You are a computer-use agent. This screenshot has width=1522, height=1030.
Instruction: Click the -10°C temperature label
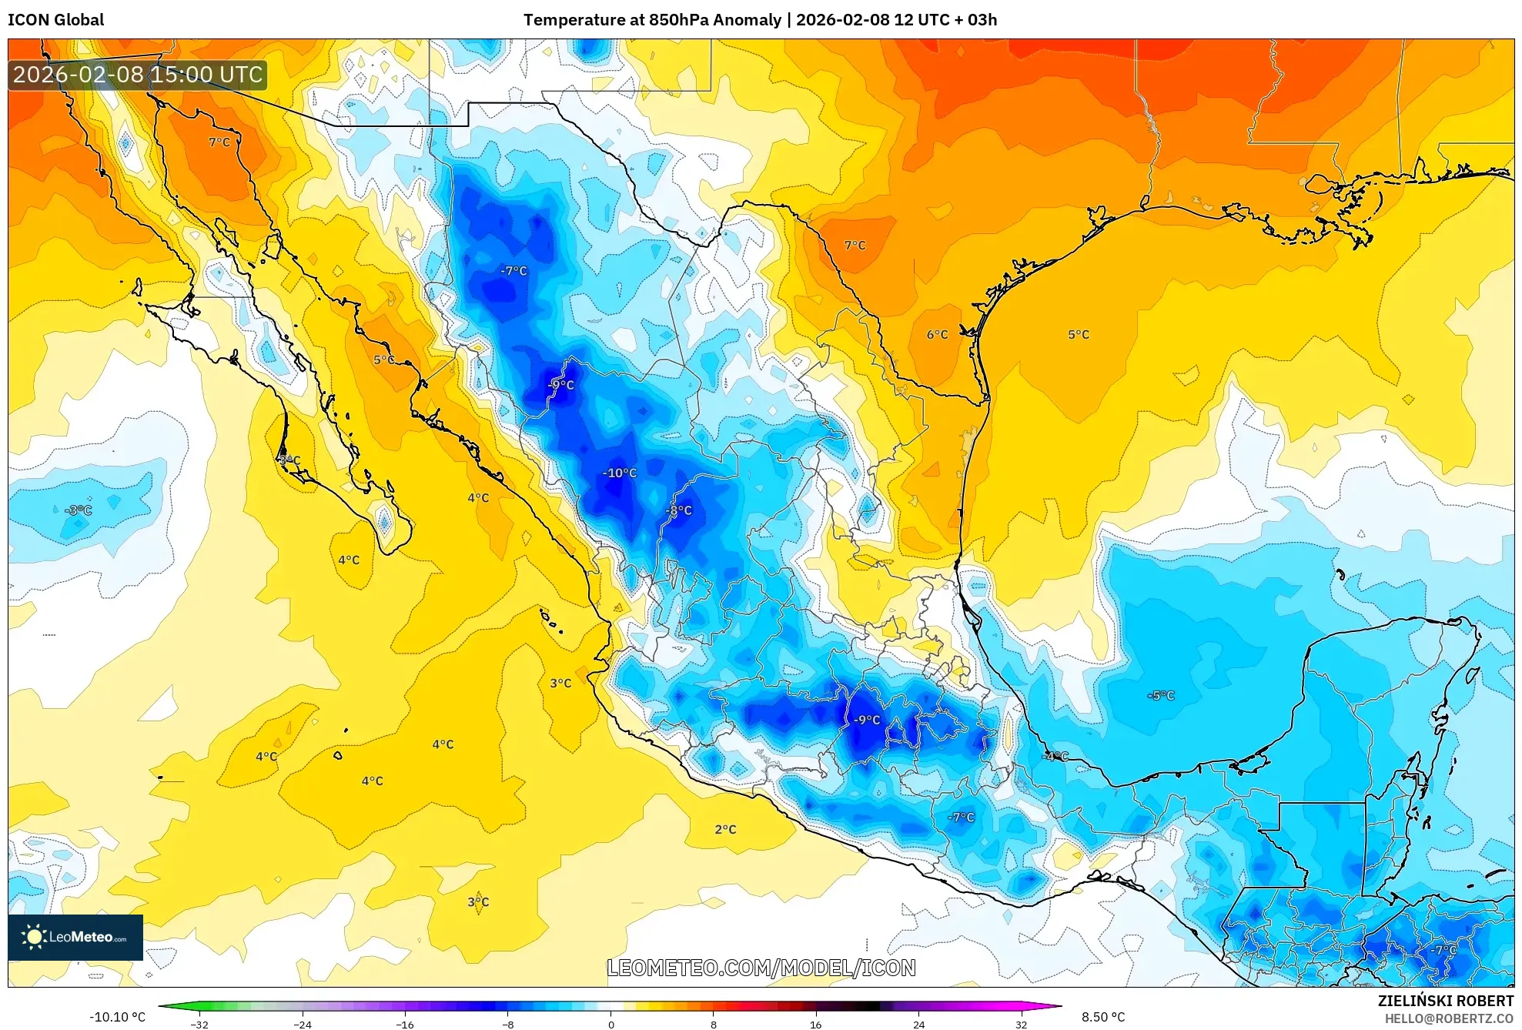coord(619,473)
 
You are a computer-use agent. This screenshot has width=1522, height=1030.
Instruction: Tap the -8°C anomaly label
coord(678,510)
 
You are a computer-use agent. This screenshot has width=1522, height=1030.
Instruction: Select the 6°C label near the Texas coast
coord(937,334)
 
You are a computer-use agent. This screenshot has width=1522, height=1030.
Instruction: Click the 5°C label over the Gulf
coord(1078,334)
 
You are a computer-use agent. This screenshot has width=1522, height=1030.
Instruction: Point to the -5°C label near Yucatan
coord(1161,695)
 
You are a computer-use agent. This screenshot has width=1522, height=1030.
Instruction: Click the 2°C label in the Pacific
coord(725,829)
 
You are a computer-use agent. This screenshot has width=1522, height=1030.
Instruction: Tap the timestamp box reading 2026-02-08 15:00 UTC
coord(138,75)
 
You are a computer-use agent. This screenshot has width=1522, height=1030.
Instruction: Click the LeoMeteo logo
coord(75,937)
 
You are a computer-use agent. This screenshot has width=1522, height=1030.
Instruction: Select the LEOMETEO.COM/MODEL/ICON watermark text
coord(761,968)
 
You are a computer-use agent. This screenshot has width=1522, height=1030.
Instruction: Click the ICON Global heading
coord(55,20)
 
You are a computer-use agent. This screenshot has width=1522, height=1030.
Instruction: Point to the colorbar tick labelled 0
coord(610,1024)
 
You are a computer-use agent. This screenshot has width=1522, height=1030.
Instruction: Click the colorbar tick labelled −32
coord(199,1024)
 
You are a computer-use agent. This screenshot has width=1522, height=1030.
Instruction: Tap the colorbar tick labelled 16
coord(815,1024)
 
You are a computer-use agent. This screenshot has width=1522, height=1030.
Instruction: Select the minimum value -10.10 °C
coord(117,1017)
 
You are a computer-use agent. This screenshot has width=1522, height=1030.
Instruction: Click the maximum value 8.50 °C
coord(1102,1017)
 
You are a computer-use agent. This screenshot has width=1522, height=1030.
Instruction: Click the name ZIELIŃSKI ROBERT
coord(1445,1001)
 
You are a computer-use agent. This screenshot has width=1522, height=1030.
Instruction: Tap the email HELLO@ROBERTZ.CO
coord(1448,1018)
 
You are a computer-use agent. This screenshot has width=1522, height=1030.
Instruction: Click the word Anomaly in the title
coord(747,20)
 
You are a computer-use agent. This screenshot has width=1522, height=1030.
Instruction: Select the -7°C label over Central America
coord(1443,950)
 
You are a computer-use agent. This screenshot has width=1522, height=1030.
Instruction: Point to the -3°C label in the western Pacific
coord(79,510)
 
